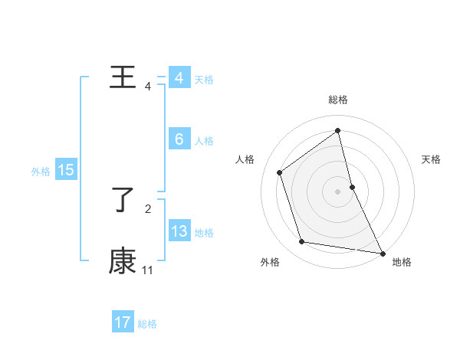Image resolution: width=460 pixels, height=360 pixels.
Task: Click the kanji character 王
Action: point(123,78)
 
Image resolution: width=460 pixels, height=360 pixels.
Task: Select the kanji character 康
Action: point(123,261)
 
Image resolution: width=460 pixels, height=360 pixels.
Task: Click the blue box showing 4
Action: point(179,78)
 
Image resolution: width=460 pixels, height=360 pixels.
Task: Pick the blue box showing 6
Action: point(179,139)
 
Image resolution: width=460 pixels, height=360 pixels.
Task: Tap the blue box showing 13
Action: point(179,231)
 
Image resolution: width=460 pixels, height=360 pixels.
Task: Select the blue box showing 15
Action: point(66,170)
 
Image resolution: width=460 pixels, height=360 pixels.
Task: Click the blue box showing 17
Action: point(123,322)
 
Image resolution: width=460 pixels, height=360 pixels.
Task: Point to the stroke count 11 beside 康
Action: point(148,270)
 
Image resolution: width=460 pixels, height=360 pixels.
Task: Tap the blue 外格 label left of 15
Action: point(41,172)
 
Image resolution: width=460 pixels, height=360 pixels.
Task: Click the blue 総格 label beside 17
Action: point(147,324)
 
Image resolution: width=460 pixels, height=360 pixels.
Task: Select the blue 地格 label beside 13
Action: point(204,233)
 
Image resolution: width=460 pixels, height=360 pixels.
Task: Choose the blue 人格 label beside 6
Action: point(204,141)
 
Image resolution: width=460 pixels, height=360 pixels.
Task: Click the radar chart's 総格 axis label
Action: point(338,100)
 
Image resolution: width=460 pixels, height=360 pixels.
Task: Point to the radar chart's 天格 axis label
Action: point(432,159)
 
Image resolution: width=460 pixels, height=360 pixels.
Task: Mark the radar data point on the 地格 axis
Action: point(382,252)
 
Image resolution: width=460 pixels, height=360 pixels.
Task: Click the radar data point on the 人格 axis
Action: point(280,172)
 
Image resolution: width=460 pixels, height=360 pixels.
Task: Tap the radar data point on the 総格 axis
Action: point(338,131)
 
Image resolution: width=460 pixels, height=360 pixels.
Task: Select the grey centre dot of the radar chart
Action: point(338,191)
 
